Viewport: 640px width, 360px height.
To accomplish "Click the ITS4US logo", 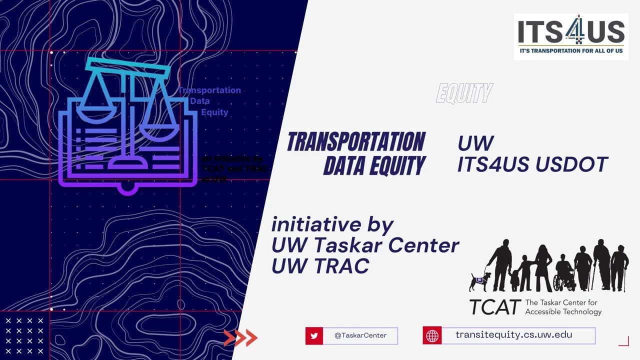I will pyautogui.click(x=571, y=36).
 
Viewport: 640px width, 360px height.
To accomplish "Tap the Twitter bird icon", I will pyautogui.click(x=314, y=336).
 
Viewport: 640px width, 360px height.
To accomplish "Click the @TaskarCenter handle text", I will pyautogui.click(x=360, y=336).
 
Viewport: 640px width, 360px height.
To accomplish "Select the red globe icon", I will pyautogui.click(x=432, y=336).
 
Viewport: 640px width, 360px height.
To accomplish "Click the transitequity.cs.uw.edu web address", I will pyautogui.click(x=513, y=335).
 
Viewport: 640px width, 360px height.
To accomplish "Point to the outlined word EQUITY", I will pyautogui.click(x=464, y=93).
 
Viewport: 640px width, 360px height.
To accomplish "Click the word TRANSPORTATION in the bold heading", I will pyautogui.click(x=356, y=142).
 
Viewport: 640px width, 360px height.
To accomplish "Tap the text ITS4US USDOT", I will pyautogui.click(x=532, y=164).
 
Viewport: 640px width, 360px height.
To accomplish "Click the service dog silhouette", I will pyautogui.click(x=479, y=281).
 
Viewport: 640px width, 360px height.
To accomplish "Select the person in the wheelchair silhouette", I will pyautogui.click(x=564, y=275).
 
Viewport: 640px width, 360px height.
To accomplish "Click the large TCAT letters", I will pyautogui.click(x=494, y=307).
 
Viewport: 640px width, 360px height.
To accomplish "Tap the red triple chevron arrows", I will pyautogui.click(x=240, y=338).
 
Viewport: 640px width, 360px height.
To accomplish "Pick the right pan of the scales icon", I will pyautogui.click(x=159, y=131).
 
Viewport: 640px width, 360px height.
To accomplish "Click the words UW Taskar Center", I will pyautogui.click(x=365, y=245).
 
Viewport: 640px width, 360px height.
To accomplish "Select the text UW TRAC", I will pyautogui.click(x=320, y=266).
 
